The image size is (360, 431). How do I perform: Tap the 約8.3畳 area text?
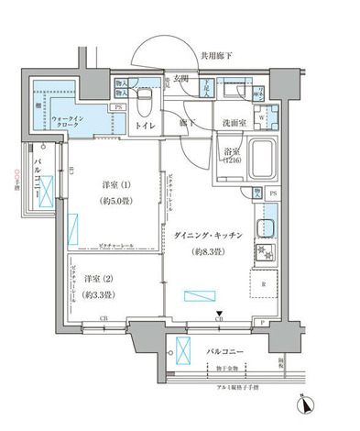208,253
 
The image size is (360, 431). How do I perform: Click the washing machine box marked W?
262,117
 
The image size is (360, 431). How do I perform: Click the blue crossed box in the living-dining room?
196,295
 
